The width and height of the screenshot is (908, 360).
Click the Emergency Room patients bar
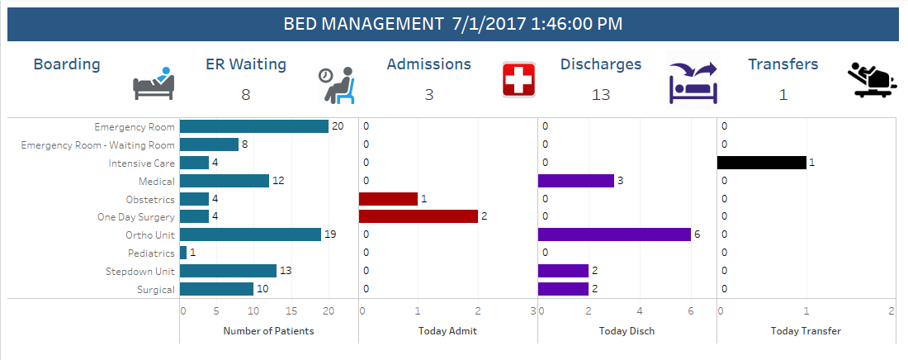(x=254, y=126)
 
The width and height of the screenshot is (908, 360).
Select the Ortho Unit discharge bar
(x=614, y=234)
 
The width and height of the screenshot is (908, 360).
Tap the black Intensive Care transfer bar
(x=762, y=163)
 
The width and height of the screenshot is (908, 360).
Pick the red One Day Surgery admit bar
(x=419, y=216)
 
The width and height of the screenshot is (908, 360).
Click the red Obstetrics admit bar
(x=389, y=199)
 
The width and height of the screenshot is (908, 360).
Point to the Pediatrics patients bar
(x=183, y=253)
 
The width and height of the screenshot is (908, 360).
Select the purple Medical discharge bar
(x=575, y=181)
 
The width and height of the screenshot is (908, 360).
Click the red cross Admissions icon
(x=519, y=81)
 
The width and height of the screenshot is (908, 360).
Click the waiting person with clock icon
(x=337, y=84)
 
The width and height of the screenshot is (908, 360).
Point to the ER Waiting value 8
(x=245, y=95)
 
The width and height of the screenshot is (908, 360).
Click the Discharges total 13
(x=601, y=95)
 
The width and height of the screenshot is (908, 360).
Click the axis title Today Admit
(x=447, y=330)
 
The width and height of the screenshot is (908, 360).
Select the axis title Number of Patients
(x=268, y=330)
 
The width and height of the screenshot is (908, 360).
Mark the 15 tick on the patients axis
(x=292, y=311)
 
